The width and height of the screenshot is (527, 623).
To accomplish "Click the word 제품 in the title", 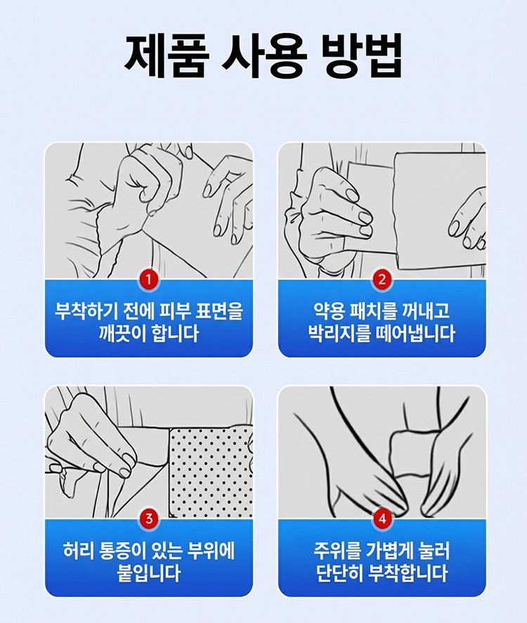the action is click(167, 55).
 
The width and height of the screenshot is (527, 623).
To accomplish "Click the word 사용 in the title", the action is click(264, 55).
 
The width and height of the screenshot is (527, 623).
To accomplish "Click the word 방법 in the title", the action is click(361, 55).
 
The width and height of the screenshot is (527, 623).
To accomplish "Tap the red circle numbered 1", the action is click(149, 280).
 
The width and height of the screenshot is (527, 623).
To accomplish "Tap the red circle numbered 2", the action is click(382, 280).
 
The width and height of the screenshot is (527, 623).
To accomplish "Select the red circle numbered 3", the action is click(149, 519).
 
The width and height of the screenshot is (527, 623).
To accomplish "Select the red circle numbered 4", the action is click(382, 519).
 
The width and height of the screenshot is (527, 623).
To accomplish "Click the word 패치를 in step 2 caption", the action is click(372, 310).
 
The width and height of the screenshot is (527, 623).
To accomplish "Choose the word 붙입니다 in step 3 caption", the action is click(149, 573).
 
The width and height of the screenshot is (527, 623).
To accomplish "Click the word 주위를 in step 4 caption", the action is click(337, 551).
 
